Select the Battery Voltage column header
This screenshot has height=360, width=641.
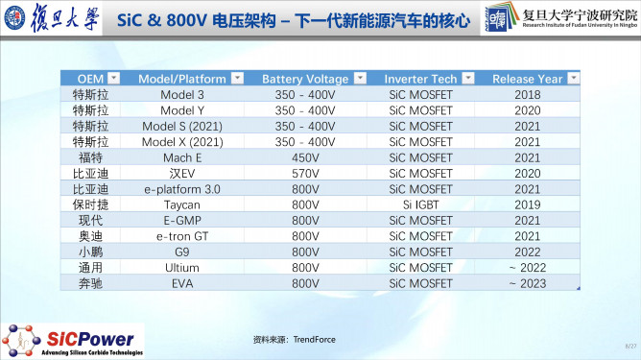click(x=298, y=78)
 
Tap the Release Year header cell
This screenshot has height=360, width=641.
click(x=527, y=78)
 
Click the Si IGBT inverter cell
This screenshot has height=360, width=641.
click(x=419, y=204)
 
